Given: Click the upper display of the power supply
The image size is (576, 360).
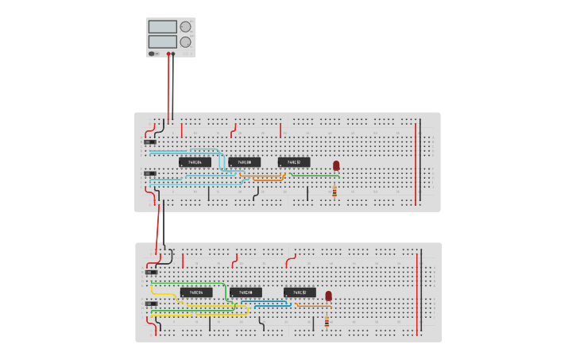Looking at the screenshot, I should (x=162, y=26).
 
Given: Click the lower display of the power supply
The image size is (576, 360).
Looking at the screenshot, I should (x=162, y=41).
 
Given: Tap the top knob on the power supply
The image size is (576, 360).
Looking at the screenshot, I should (x=186, y=26).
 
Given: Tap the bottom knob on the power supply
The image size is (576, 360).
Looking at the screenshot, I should (x=185, y=42).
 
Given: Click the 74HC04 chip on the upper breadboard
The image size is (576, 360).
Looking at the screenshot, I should (x=195, y=162).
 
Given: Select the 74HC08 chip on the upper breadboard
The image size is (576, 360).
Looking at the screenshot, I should (x=245, y=162).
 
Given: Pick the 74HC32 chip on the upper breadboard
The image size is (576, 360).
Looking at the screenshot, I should (x=294, y=162).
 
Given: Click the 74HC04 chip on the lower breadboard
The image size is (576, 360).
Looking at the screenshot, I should (x=195, y=292).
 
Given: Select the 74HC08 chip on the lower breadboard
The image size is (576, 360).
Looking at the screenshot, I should (x=245, y=292).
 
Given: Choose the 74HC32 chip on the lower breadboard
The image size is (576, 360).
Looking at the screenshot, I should (x=300, y=292).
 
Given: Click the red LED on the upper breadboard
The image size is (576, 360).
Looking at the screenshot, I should (x=336, y=165).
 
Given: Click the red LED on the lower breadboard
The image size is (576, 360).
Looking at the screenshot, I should (x=328, y=296).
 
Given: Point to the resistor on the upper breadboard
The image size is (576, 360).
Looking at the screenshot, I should (x=334, y=192).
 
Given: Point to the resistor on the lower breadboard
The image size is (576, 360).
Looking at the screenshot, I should (x=327, y=322).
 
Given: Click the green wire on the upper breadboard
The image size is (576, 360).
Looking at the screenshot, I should (x=318, y=175).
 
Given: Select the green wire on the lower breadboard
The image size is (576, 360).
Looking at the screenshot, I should (x=191, y=283).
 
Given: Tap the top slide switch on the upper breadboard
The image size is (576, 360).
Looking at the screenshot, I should (x=150, y=141).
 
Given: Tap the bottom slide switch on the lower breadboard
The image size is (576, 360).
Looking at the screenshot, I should (x=150, y=303).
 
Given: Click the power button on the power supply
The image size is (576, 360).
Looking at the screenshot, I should (x=153, y=53).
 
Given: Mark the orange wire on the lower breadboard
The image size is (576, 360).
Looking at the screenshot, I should (x=314, y=305).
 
